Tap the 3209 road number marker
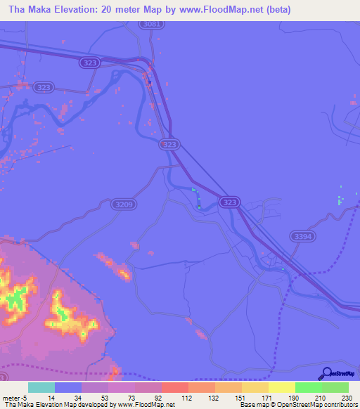tap(120, 204)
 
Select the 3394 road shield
tap(301, 238)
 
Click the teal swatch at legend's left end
tap(41, 388)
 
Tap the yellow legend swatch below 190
tap(281, 388)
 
